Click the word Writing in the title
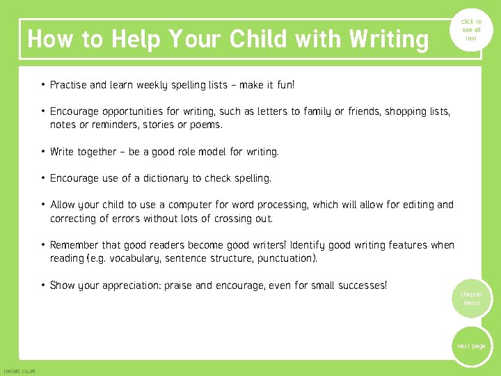389,39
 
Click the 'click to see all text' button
471,30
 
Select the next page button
471,346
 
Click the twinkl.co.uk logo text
19,370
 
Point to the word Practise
68,85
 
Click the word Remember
74,245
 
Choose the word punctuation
285,258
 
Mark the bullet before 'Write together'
43,151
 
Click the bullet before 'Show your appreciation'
43,285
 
